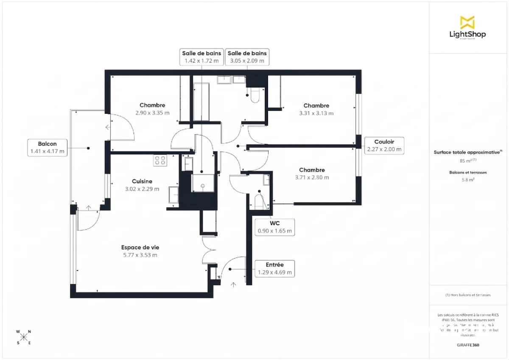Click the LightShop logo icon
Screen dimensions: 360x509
(467, 22)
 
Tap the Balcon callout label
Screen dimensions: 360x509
(47, 147)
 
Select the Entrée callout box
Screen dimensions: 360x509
(274, 269)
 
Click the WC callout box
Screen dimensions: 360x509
(274, 227)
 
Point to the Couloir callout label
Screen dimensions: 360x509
(384, 145)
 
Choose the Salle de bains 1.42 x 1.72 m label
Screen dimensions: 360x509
(201, 57)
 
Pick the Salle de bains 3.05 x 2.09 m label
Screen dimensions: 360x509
(247, 57)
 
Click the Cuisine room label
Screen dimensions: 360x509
(142, 181)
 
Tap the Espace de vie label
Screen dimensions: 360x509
(140, 247)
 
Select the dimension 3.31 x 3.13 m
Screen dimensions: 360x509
(316, 113)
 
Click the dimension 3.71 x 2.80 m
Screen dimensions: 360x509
(311, 177)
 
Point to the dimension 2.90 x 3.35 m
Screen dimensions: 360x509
(152, 113)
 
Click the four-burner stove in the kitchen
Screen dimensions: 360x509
(160, 160)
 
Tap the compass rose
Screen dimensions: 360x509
(24, 337)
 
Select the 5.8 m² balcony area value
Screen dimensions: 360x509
(468, 180)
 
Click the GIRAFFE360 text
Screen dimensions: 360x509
(468, 345)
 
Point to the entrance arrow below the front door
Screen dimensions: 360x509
(233, 284)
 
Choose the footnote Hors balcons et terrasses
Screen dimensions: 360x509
(468, 295)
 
